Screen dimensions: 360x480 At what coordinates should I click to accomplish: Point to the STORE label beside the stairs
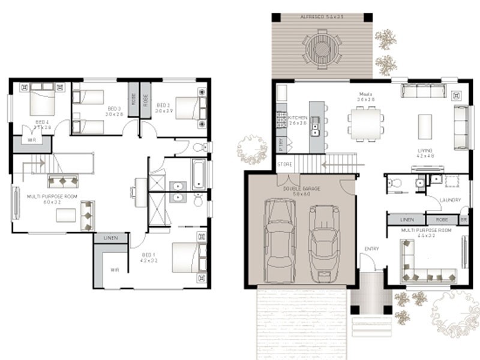284,164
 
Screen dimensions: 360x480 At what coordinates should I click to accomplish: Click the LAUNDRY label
449,200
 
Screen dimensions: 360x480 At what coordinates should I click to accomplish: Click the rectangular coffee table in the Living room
425,125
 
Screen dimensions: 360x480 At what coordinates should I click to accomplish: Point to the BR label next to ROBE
463,220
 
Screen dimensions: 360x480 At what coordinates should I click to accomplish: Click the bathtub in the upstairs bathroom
199,173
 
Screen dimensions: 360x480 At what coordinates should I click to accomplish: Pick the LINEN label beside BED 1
110,238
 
